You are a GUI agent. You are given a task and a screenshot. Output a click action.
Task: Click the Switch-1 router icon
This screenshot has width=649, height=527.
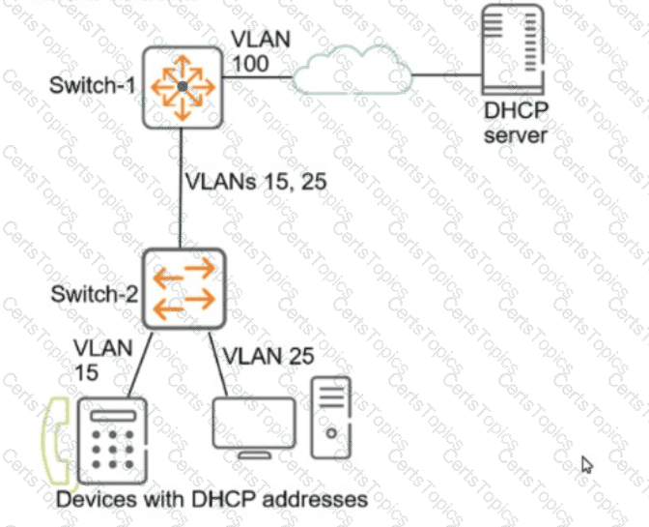point(182,87)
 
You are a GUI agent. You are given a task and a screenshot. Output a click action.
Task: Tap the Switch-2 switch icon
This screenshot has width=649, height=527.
point(183,290)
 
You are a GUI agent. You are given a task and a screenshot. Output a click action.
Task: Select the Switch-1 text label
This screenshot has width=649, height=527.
point(93,86)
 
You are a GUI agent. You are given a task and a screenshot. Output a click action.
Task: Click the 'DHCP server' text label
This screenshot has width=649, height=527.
point(515,125)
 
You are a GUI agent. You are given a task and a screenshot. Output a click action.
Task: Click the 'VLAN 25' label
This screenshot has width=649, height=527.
point(267,356)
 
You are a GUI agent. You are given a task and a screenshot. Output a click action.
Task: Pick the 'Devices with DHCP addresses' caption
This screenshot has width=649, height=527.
point(212,499)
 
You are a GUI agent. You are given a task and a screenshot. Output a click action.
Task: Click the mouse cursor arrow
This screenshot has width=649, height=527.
point(586,465)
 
